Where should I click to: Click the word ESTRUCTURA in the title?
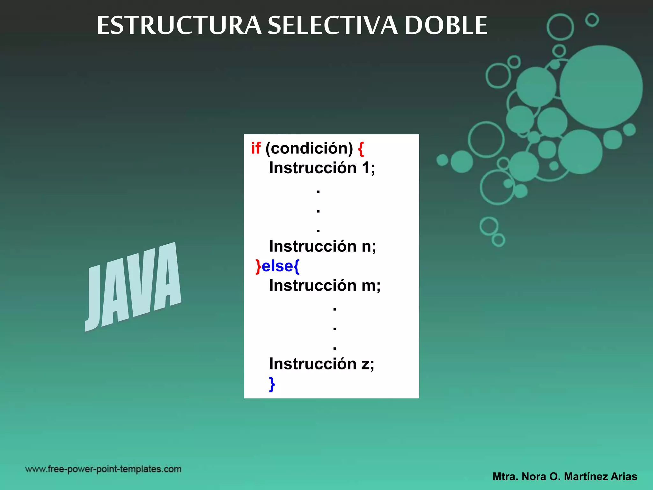pyautogui.click(x=179, y=26)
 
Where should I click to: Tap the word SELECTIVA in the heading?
pyautogui.click(x=333, y=26)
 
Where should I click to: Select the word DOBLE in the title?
pyautogui.click(x=446, y=26)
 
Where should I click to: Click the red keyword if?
pyautogui.click(x=255, y=148)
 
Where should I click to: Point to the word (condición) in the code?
pyautogui.click(x=309, y=148)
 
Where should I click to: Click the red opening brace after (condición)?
pyautogui.click(x=361, y=149)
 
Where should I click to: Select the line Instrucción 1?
pyautogui.click(x=322, y=168)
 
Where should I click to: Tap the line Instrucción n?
pyautogui.click(x=322, y=246)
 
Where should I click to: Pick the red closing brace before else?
pyautogui.click(x=258, y=266)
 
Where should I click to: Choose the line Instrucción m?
pyautogui.click(x=325, y=286)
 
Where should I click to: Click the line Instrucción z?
pyautogui.click(x=321, y=364)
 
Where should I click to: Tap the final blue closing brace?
pyautogui.click(x=272, y=384)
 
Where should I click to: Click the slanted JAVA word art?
pyautogui.click(x=133, y=287)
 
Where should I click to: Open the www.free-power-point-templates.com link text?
pyautogui.click(x=103, y=469)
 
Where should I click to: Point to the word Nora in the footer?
pyautogui.click(x=534, y=477)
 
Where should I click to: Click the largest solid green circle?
pyautogui.click(x=601, y=87)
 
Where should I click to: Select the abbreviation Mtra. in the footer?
pyautogui.click(x=505, y=477)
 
